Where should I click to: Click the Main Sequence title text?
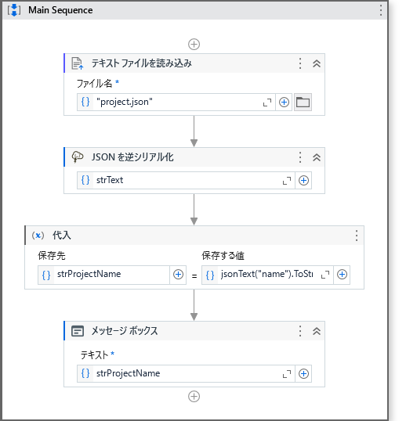pyautogui.click(x=60, y=10)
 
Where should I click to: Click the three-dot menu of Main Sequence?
pyautogui.click(x=381, y=10)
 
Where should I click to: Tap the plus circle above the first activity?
pyautogui.click(x=194, y=45)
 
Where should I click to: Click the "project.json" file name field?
pyautogui.click(x=176, y=102)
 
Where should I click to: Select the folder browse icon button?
pyautogui.click(x=303, y=102)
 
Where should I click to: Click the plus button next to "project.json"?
pyautogui.click(x=284, y=102)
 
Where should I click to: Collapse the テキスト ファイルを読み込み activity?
pyautogui.click(x=317, y=63)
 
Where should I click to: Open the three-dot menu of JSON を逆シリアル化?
pyautogui.click(x=300, y=157)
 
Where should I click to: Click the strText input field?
pyautogui.click(x=186, y=181)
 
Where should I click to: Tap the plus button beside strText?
pyautogui.click(x=303, y=181)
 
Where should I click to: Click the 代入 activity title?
pyautogui.click(x=62, y=236)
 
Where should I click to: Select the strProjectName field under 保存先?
pyautogui.click(x=103, y=275)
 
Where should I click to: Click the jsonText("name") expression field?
pyautogui.click(x=267, y=275)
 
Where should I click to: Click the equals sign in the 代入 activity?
pyautogui.click(x=194, y=276)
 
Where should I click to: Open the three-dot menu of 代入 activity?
pyautogui.click(x=357, y=236)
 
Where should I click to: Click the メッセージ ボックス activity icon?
pyautogui.click(x=78, y=331)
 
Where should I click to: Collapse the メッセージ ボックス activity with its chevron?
pyautogui.click(x=317, y=331)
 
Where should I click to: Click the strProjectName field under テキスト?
pyautogui.click(x=186, y=374)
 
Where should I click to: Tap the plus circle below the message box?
pyautogui.click(x=194, y=397)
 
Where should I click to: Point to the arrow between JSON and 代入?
pyautogui.click(x=194, y=210)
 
